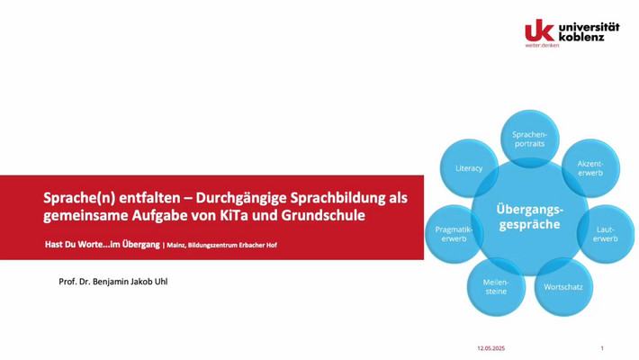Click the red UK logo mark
click(x=540, y=31)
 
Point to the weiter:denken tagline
click(x=542, y=45)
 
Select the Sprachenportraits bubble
click(x=530, y=139)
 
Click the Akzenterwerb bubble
click(x=590, y=168)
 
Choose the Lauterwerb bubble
click(x=606, y=234)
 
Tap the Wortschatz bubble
click(x=563, y=287)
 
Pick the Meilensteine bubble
click(x=496, y=287)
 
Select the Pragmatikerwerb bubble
click(x=454, y=234)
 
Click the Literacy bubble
click(x=469, y=168)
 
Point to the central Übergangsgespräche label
click(x=530, y=217)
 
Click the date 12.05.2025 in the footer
click(x=491, y=348)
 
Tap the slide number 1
click(x=602, y=348)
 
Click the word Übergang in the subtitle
click(x=141, y=245)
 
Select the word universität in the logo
click(x=589, y=27)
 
